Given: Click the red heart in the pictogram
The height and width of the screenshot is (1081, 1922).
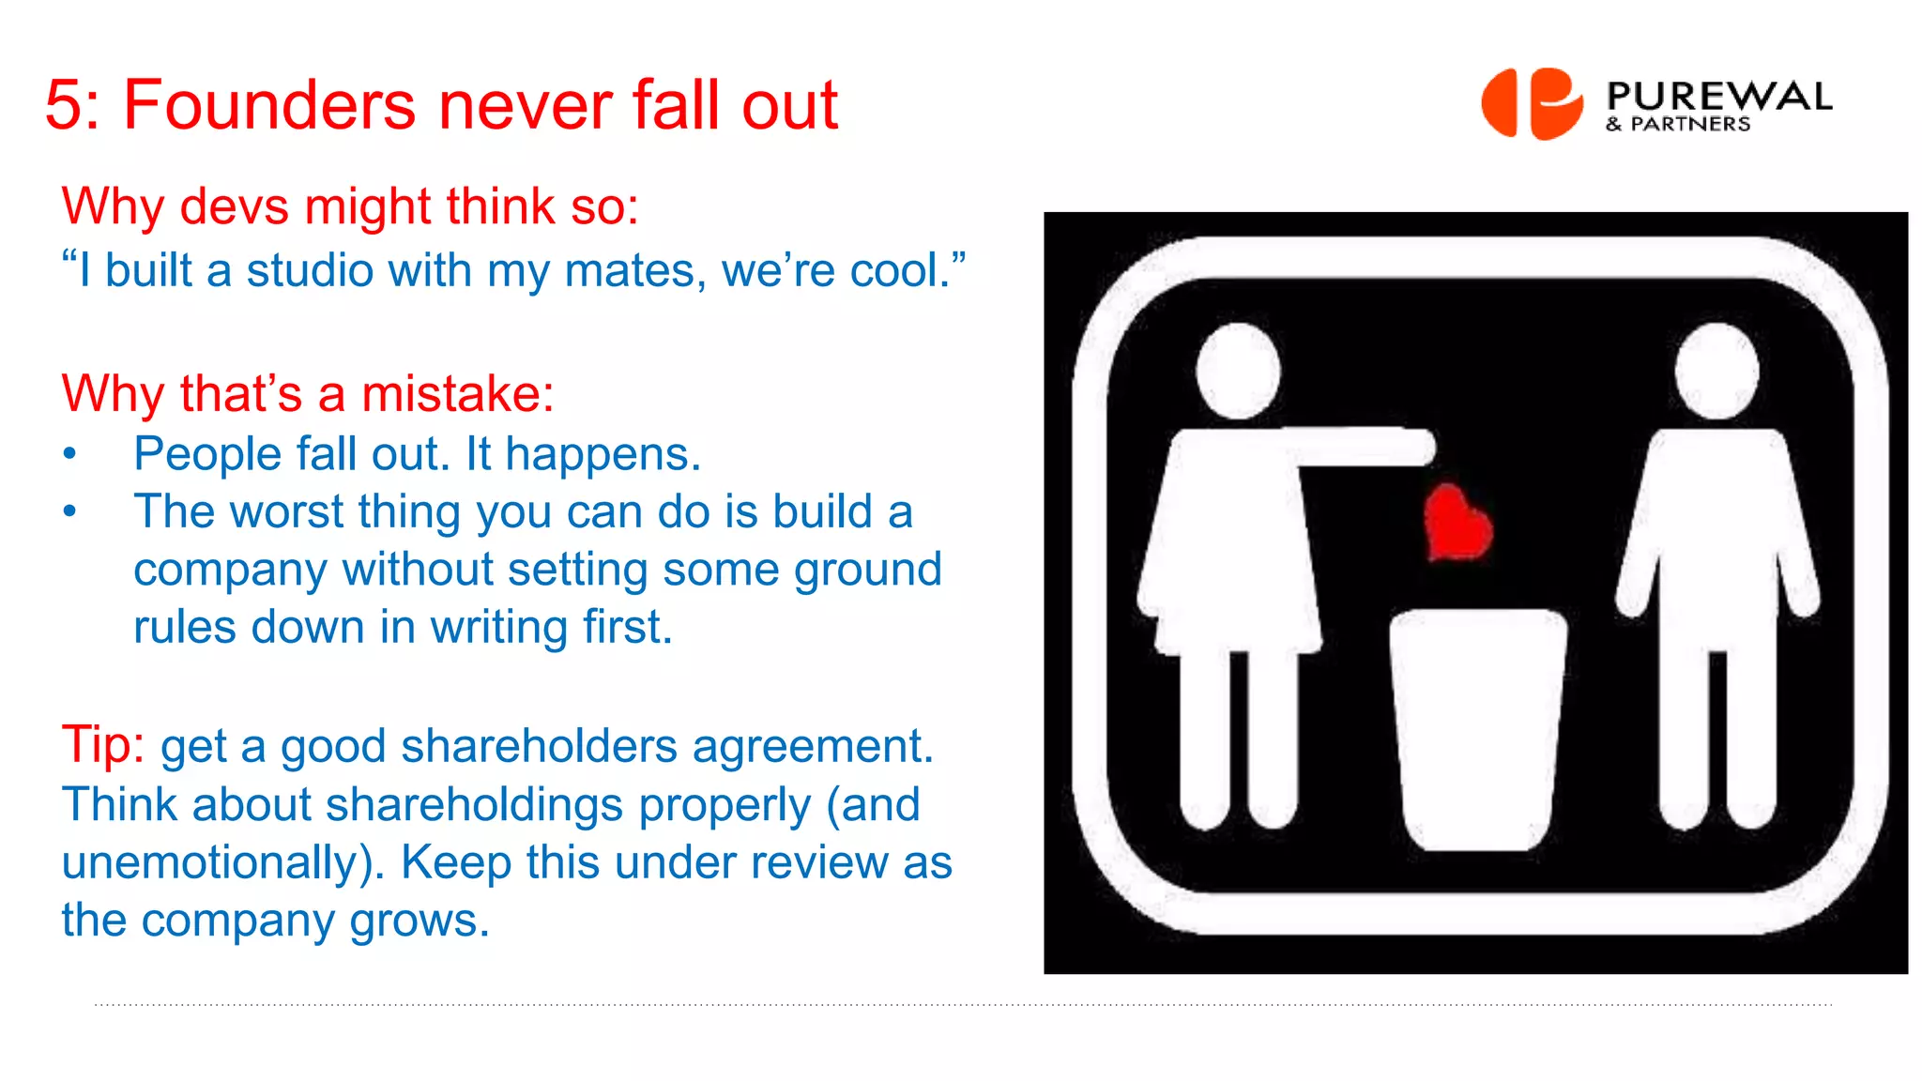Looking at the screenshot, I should coord(1457,524).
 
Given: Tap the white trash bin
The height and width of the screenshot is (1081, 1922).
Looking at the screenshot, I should coord(1478,727).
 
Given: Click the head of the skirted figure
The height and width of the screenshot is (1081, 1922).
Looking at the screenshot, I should coord(1239,370).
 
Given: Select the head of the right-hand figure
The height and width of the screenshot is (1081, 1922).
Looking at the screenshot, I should coord(1716,370).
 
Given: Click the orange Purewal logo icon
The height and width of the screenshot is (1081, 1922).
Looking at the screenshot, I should coord(1532,103).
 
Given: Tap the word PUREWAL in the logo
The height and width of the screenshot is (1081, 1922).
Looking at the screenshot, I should coord(1718,96).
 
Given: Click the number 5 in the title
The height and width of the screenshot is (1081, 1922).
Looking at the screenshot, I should coord(64,105).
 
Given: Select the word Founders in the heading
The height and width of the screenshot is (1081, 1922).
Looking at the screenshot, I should coord(269,105).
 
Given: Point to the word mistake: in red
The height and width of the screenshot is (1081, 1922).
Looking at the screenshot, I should coord(457,393).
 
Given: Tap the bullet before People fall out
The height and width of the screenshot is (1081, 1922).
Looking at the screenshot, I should coord(69,455).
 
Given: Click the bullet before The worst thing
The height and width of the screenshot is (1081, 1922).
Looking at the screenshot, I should coord(69,512).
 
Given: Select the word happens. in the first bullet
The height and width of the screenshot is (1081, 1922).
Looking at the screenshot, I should coord(603,455).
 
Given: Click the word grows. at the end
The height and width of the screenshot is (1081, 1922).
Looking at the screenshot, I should coord(419,921).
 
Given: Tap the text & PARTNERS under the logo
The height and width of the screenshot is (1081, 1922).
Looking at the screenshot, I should coord(1678,125).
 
